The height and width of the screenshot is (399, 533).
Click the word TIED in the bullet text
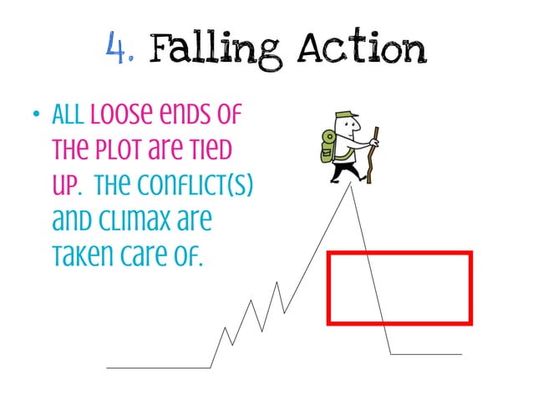click(208, 157)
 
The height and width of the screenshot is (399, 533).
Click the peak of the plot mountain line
click(352, 185)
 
